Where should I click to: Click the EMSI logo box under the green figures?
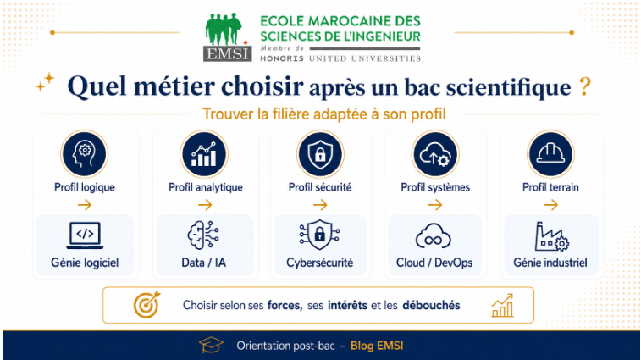(227, 53)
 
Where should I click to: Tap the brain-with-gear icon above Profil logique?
(84, 154)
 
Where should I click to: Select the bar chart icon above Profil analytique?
(204, 154)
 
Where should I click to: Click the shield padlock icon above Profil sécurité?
(320, 154)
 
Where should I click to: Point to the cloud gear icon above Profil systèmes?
(435, 154)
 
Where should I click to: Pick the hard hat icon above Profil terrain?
(550, 154)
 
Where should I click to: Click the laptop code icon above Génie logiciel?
(85, 235)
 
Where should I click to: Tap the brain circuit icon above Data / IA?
(203, 235)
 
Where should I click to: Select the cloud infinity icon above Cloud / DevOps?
(434, 236)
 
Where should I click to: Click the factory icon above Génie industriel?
(551, 236)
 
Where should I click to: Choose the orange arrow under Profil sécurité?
(320, 204)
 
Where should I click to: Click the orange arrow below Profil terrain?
(551, 204)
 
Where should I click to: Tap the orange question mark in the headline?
(585, 86)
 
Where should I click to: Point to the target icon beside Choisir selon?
(146, 305)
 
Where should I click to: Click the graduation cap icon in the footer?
(211, 346)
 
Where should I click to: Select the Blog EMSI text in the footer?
(377, 346)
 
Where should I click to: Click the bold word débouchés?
(431, 305)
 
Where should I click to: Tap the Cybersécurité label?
(320, 263)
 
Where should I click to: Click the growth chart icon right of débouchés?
(502, 305)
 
